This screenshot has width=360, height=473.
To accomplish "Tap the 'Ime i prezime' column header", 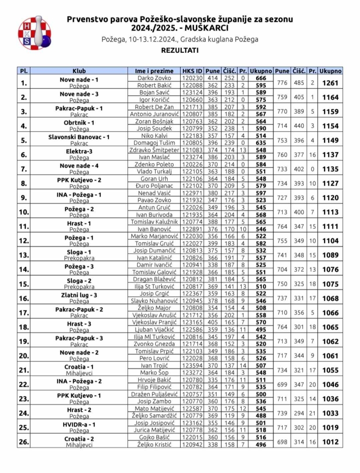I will point(154,71).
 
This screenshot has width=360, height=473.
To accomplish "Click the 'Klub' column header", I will point(79,71).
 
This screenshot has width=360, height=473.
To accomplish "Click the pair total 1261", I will point(330,83).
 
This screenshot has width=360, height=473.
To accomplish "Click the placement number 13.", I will point(23,255).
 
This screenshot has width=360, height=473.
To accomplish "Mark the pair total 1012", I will point(330,442).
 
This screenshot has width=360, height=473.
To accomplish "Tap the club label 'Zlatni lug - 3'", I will point(79,294).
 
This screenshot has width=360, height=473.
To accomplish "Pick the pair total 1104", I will point(330,241).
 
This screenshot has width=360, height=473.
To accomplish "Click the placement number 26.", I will point(23,442).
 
